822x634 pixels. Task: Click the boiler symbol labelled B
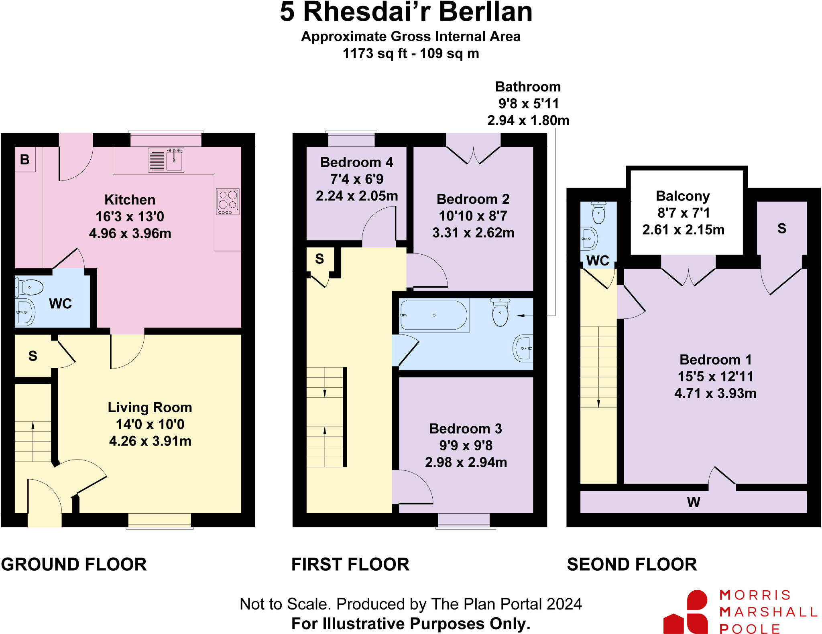[x=25, y=159]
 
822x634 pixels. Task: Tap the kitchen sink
[x=166, y=160]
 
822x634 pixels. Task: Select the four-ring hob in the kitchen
[x=228, y=201]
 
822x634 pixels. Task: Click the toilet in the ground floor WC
[x=30, y=287]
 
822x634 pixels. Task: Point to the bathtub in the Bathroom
[x=433, y=315]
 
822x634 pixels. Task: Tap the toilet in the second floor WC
[x=598, y=213]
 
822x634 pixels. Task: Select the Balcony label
[x=683, y=196]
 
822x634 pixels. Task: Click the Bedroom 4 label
[x=356, y=162]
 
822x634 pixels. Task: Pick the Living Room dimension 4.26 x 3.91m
[x=150, y=441]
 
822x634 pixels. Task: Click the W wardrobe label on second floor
[x=693, y=502]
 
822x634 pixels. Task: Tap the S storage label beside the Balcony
[x=781, y=229]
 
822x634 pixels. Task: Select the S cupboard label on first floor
[x=319, y=259]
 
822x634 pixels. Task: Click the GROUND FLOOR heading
[x=74, y=564]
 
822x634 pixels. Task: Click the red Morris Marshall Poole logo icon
[x=686, y=612]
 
